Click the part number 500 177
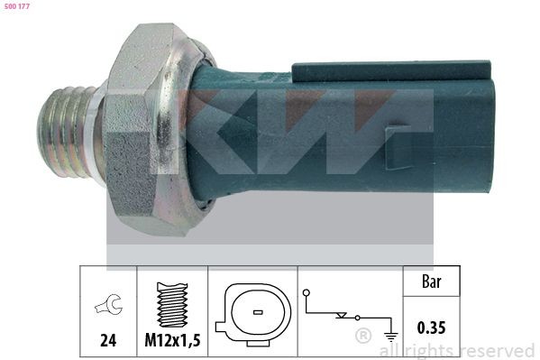pyautogui.click(x=18, y=7)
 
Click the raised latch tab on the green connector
pyautogui.click(x=392, y=71)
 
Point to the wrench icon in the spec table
pyautogui.click(x=107, y=309)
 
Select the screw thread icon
pyautogui.click(x=172, y=305)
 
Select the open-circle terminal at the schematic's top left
pyautogui.click(x=307, y=293)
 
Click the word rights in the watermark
pyautogui.click(x=431, y=350)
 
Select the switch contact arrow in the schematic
pyautogui.click(x=340, y=316)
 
